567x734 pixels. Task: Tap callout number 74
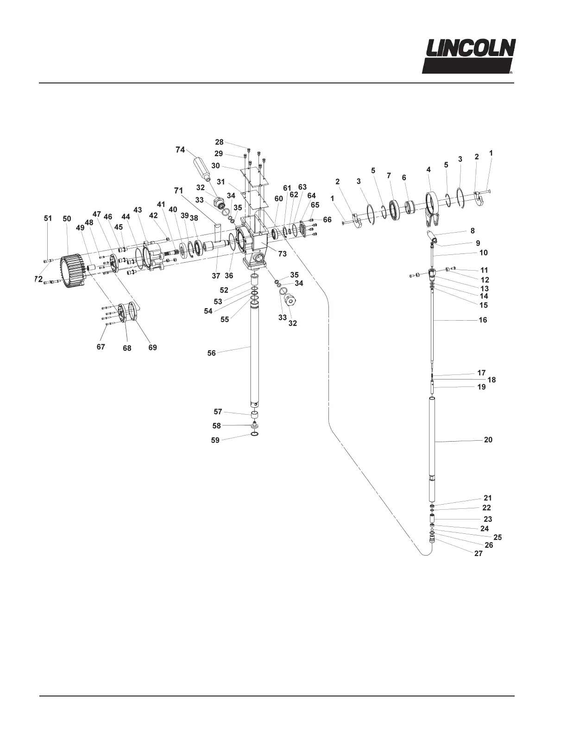click(x=180, y=150)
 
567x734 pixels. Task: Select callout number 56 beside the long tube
click(x=212, y=353)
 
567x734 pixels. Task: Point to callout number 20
click(x=488, y=440)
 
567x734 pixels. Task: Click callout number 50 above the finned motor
click(x=67, y=219)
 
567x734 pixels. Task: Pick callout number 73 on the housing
click(x=282, y=254)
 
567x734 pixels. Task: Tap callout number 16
click(x=483, y=320)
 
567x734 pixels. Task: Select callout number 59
click(x=215, y=441)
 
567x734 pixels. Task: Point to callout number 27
click(x=479, y=553)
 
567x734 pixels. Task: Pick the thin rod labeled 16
click(x=432, y=324)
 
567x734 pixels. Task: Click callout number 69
click(x=152, y=347)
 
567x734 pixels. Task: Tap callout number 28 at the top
click(x=219, y=142)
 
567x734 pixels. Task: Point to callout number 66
click(x=327, y=220)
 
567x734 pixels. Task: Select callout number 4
click(x=429, y=170)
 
